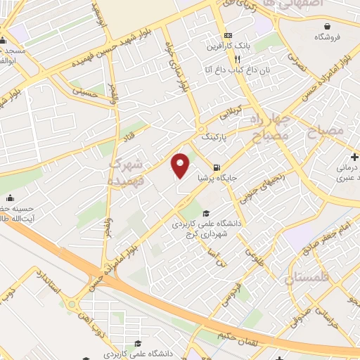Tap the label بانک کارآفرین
(x=227, y=47)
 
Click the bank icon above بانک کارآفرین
(x=227, y=36)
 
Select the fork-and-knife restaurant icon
(x=227, y=60)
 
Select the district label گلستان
(x=307, y=279)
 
